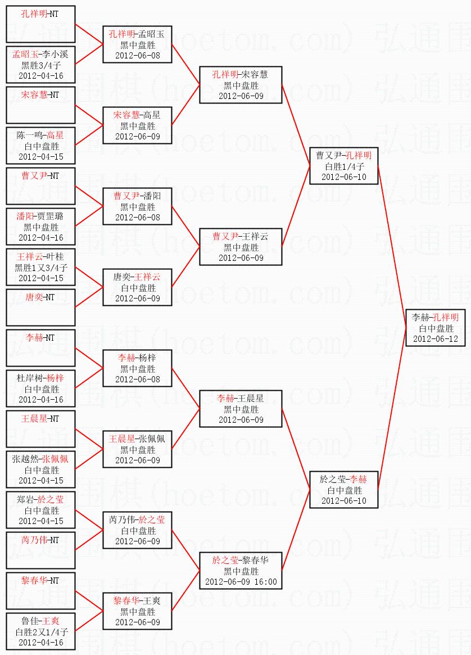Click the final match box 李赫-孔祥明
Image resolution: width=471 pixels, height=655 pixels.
point(435,328)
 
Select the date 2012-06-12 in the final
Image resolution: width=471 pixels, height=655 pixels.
point(435,339)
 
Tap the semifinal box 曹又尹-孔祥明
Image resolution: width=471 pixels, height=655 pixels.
point(343,166)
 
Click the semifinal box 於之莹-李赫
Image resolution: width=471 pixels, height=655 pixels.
point(343,490)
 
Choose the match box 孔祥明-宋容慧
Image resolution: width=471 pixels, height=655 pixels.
point(241,85)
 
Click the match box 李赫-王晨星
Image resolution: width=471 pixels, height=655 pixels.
point(241,409)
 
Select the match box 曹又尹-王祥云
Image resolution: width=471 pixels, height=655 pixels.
point(241,247)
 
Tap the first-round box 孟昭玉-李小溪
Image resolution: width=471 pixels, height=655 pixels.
point(40,65)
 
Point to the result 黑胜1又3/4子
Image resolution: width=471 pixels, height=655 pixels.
point(41,268)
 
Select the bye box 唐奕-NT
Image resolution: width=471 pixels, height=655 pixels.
point(40,308)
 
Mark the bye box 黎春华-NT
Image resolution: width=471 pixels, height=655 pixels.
point(40,591)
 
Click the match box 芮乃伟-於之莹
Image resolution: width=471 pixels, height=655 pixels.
point(137,530)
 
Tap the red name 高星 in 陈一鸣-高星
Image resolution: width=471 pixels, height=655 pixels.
point(55,135)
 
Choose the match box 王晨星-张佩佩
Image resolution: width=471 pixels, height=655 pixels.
point(137,449)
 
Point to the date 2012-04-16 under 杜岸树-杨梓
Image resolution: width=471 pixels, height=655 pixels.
point(41,399)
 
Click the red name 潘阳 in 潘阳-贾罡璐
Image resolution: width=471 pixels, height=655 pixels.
point(25,216)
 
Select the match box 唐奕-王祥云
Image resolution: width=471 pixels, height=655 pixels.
point(137,287)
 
